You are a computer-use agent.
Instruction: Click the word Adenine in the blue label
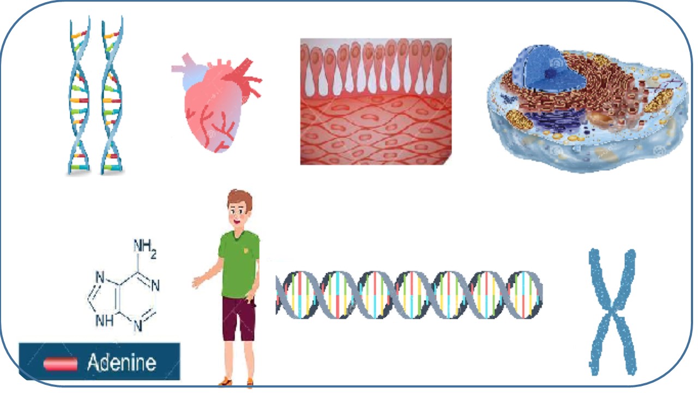point(122,362)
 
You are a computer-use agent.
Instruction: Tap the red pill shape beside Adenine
point(61,364)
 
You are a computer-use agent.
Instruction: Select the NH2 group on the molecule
point(145,248)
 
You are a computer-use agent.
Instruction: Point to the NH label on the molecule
point(104,320)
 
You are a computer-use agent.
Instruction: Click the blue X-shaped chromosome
point(612,312)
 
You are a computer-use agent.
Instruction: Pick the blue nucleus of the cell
point(550,70)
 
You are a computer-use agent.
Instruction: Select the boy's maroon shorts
point(239,319)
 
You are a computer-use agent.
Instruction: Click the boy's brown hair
point(240,199)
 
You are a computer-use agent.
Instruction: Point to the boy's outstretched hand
point(197,282)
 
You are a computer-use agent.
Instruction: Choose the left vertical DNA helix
point(79,95)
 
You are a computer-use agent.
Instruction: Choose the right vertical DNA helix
point(112,95)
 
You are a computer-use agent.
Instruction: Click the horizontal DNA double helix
point(409,295)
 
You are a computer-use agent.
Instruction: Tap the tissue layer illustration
point(376,102)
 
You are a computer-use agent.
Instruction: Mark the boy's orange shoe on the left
point(226,382)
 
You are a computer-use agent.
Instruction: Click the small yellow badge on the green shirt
point(246,250)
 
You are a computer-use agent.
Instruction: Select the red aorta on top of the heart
point(242,70)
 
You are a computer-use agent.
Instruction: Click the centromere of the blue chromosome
point(611,312)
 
